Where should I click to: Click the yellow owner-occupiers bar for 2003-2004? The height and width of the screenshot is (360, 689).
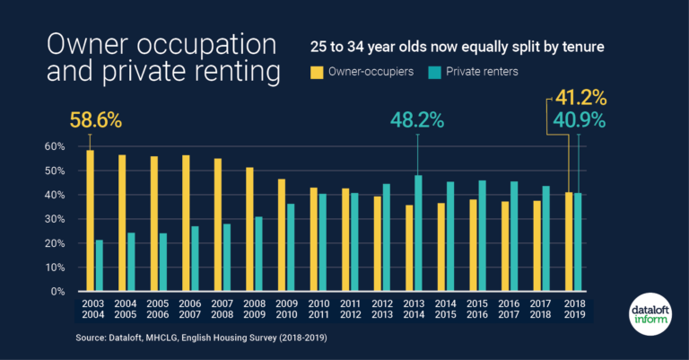90,221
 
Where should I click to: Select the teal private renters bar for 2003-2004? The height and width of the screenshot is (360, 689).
99,266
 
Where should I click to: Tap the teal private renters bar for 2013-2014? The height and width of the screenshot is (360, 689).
418,233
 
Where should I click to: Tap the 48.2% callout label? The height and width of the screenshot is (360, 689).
417,120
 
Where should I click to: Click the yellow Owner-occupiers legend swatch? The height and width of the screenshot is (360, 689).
317,71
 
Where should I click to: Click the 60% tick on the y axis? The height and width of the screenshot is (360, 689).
56,146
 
